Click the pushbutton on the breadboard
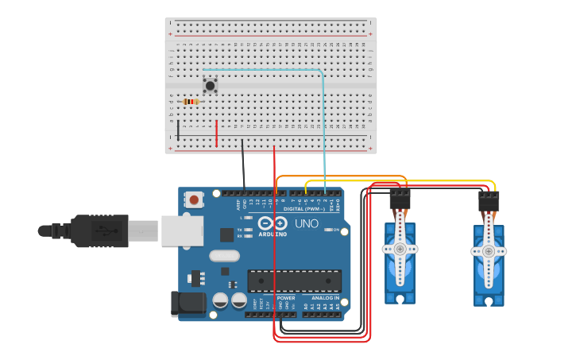point(210,84)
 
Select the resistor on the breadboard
point(191,102)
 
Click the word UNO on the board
point(307,223)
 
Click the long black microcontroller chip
point(294,281)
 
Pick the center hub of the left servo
point(400,249)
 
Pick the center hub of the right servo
point(489,251)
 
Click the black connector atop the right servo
point(489,201)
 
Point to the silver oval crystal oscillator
point(224,256)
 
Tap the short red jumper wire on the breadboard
point(216,133)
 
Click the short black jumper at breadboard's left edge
point(178,132)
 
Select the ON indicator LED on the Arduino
point(327,230)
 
